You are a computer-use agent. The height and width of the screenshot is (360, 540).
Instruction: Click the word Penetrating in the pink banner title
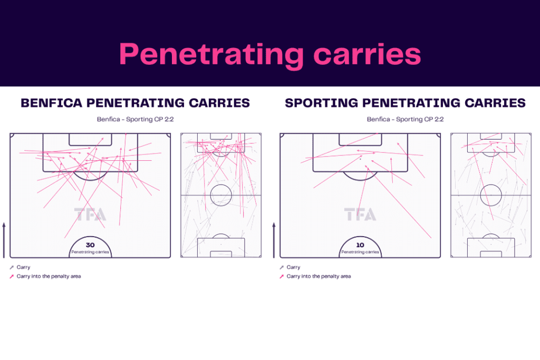point(211,55)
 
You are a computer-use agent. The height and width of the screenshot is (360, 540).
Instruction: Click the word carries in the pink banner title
point(367,54)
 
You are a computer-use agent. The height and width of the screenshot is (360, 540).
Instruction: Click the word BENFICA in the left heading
point(52,103)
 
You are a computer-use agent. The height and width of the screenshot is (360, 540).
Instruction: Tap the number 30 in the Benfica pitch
point(90,245)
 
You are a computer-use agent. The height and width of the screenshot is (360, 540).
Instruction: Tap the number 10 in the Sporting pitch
point(360,245)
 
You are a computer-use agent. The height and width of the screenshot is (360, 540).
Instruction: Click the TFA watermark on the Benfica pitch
point(90,215)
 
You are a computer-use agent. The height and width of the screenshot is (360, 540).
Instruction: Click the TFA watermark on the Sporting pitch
point(360,215)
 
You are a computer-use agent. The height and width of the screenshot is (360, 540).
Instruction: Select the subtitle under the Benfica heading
point(136,120)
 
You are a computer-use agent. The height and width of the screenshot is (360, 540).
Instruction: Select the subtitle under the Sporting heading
point(406,120)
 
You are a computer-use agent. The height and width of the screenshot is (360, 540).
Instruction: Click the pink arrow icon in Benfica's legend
point(12,276)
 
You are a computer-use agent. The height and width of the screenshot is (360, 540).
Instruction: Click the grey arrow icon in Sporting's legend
point(282,267)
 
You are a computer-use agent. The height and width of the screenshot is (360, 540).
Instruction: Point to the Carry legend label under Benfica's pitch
point(23,267)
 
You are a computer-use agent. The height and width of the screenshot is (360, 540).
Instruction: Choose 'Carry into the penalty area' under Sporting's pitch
point(319,276)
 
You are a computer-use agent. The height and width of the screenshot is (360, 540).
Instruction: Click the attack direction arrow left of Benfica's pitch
point(4,240)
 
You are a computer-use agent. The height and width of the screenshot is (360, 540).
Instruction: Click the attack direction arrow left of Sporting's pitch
point(274,240)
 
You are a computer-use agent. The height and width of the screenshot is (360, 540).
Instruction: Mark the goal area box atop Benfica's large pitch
point(90,145)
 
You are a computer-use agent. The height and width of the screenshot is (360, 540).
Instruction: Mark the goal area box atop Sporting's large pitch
point(360,145)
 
